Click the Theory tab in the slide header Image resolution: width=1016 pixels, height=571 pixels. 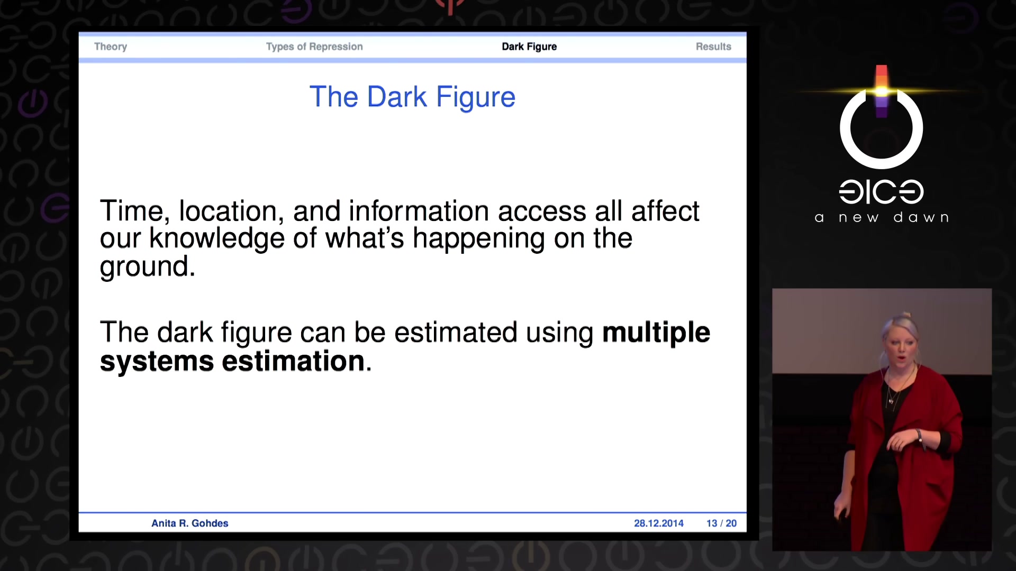click(111, 47)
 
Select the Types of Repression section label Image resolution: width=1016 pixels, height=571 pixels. click(314, 47)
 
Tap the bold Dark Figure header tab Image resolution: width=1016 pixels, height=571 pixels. click(529, 47)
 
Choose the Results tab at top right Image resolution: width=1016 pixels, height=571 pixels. click(713, 47)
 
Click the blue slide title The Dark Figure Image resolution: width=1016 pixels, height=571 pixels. click(412, 97)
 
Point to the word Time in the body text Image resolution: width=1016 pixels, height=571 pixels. click(132, 211)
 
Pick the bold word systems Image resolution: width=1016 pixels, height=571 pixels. click(157, 362)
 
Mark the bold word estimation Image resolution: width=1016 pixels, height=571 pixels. click(293, 362)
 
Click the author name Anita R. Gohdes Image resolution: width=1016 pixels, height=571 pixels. click(190, 523)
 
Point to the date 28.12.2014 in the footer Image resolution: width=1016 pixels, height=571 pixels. click(659, 523)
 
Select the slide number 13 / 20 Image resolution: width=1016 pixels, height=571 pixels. click(721, 523)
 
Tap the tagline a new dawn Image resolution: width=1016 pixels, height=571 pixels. click(882, 217)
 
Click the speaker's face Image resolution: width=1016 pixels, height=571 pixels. click(900, 349)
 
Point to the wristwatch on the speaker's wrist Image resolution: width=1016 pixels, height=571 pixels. click(920, 436)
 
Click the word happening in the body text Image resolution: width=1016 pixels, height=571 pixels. click(478, 239)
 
